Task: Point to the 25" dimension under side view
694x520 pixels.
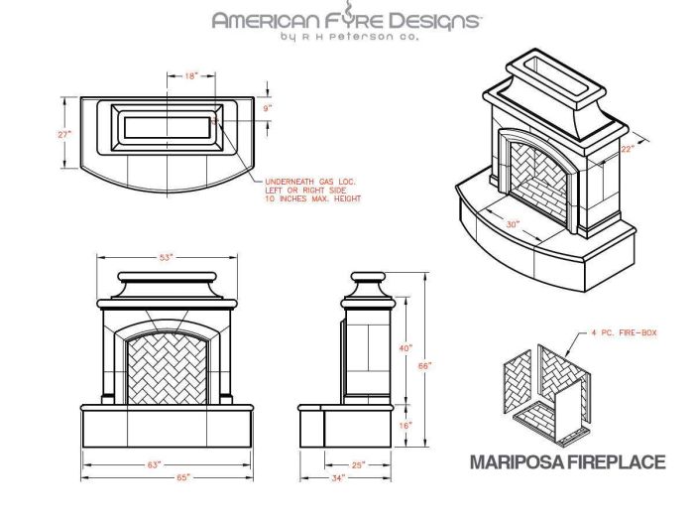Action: (x=358, y=464)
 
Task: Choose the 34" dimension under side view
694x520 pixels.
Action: (x=340, y=477)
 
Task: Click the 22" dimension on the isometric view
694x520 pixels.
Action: (x=627, y=149)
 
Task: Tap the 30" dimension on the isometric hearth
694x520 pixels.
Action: (x=513, y=224)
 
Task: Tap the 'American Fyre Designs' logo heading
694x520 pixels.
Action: (x=347, y=19)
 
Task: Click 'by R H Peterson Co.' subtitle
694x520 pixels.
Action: (x=347, y=37)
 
